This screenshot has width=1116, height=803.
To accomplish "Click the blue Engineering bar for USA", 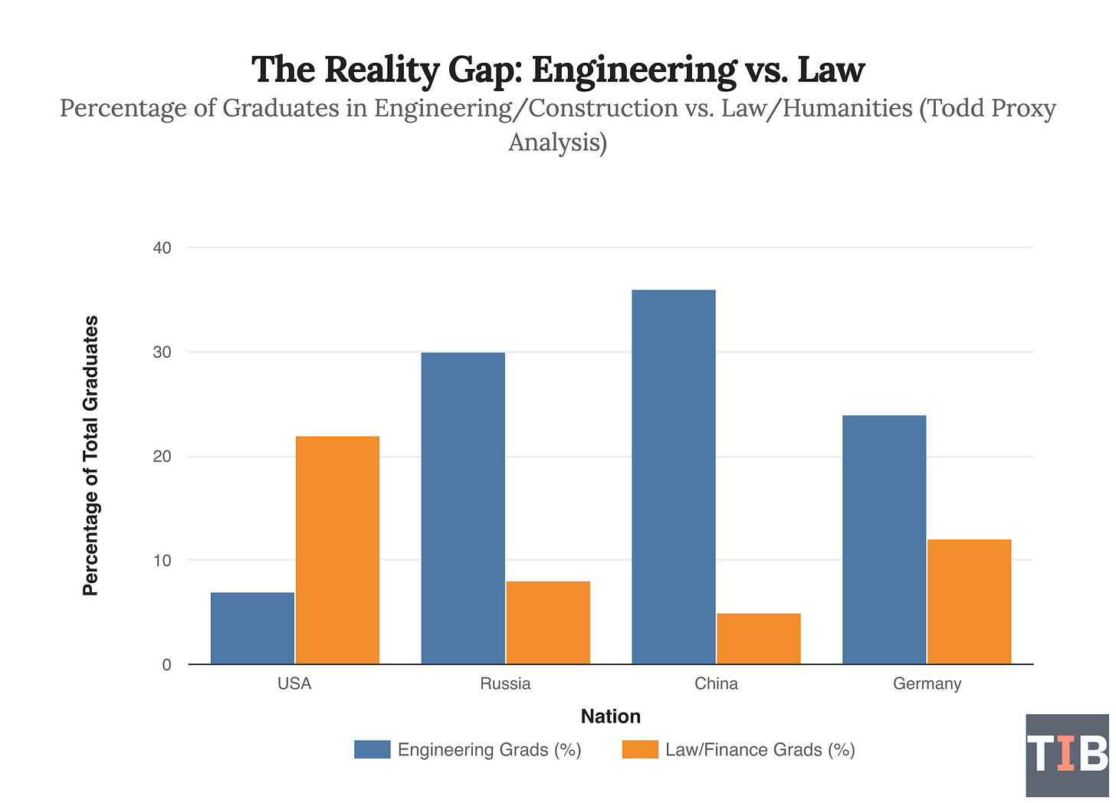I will pyautogui.click(x=252, y=628).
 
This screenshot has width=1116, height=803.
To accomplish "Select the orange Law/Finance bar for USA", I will pyautogui.click(x=337, y=550).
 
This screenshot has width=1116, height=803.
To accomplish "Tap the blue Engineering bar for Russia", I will pyautogui.click(x=463, y=508).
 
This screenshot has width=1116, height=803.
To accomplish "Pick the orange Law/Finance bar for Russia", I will pyautogui.click(x=548, y=622).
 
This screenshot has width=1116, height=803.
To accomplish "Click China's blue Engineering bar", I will pyautogui.click(x=674, y=477).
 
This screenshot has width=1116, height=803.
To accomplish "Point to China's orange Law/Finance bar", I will pyautogui.click(x=759, y=638).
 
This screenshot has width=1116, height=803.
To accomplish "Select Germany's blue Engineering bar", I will pyautogui.click(x=885, y=539).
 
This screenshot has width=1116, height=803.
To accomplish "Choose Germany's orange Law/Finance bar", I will pyautogui.click(x=970, y=601).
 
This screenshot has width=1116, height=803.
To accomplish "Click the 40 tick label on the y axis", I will pyautogui.click(x=162, y=248).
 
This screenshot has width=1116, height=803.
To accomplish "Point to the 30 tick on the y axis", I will pyautogui.click(x=162, y=352).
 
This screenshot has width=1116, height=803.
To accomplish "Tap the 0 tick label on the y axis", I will pyautogui.click(x=166, y=665).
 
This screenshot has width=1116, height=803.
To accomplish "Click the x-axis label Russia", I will pyautogui.click(x=505, y=684).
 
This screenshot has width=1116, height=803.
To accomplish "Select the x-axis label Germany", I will pyautogui.click(x=927, y=684).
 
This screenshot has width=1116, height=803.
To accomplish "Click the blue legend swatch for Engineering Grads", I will pyautogui.click(x=372, y=749).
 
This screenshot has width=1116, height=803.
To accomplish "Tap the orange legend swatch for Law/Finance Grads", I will pyautogui.click(x=640, y=749).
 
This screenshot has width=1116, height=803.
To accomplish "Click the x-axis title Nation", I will pyautogui.click(x=610, y=716).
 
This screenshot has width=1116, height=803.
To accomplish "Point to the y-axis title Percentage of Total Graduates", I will pyautogui.click(x=90, y=456).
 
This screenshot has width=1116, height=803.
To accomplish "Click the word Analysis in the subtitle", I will pyautogui.click(x=557, y=143).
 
